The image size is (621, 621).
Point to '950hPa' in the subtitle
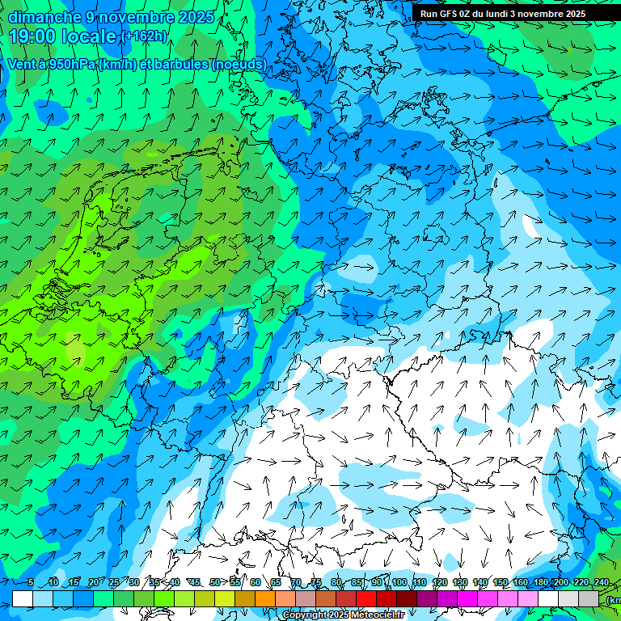click(69, 64)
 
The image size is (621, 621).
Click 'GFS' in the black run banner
click(453, 14)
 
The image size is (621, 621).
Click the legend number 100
click(399, 582)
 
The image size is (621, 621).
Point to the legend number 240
click(601, 582)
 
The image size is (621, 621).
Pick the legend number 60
click(256, 582)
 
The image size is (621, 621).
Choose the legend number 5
click(31, 582)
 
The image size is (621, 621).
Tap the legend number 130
click(459, 582)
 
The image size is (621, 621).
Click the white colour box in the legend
click(23, 598)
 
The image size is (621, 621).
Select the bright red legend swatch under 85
click(366, 598)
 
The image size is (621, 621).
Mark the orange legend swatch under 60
click(265, 598)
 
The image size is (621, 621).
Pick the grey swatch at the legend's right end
click(589, 598)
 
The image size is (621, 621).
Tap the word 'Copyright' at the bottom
click(304, 615)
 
